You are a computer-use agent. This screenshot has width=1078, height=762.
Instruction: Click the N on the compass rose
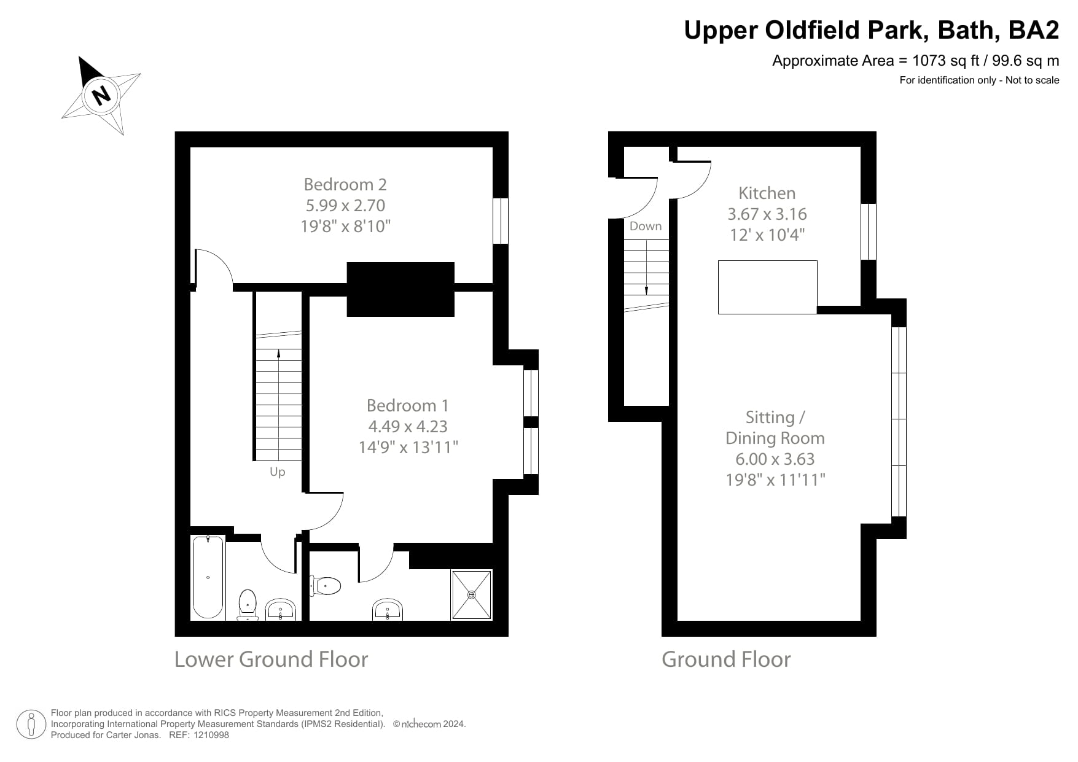[x=101, y=95]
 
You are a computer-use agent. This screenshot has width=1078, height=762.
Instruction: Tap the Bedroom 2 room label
[x=345, y=184]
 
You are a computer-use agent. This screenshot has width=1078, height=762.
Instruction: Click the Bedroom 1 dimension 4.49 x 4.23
[x=408, y=426]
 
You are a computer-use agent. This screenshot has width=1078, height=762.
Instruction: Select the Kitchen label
[x=767, y=193]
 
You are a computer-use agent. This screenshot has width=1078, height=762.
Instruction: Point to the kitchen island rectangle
[x=767, y=287]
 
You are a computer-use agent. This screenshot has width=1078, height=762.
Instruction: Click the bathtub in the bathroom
[x=208, y=577]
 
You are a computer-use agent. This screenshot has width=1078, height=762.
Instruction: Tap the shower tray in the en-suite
[x=471, y=594]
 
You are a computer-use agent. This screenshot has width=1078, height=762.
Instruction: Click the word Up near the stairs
[x=277, y=472]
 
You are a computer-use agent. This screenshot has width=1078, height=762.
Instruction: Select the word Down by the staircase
[x=645, y=226]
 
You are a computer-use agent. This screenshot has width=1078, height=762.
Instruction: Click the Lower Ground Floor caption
[x=271, y=659]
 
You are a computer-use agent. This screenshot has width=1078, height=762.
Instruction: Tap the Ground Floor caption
[x=725, y=659]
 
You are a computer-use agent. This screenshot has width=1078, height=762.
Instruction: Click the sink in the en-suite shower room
[x=388, y=610]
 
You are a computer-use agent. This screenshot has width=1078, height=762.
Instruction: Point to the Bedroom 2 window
[x=501, y=220]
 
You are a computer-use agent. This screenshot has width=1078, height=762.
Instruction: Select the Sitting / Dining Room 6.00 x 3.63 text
[x=775, y=459]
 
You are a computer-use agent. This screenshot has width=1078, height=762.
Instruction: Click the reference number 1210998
[x=211, y=735]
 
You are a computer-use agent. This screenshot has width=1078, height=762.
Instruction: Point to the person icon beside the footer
[x=31, y=725]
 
